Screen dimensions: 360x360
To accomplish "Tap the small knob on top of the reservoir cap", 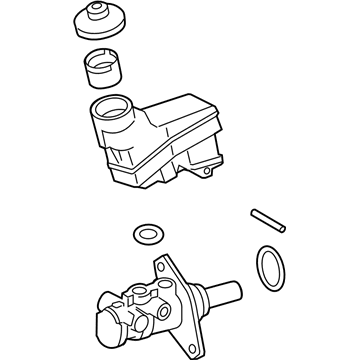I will (99, 15).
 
